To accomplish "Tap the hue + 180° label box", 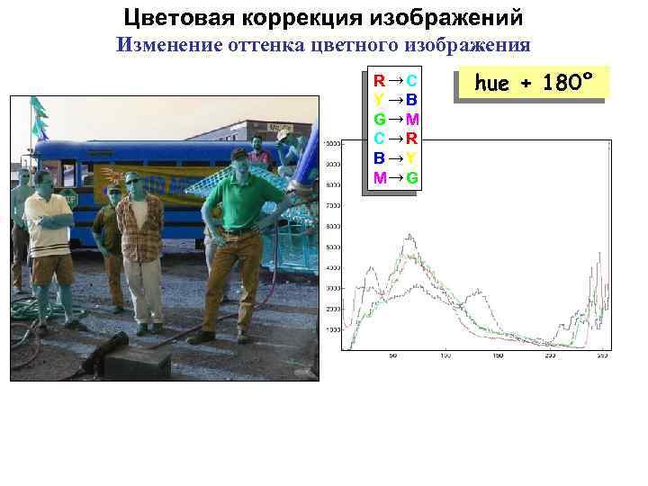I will pyautogui.click(x=534, y=84).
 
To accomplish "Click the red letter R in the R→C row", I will pyautogui.click(x=380, y=80).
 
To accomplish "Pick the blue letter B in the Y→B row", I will pyautogui.click(x=410, y=99).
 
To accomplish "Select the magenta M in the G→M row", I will pyautogui.click(x=411, y=119).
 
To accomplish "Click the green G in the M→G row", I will pyautogui.click(x=411, y=177).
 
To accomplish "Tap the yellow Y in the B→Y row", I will pyautogui.click(x=410, y=157).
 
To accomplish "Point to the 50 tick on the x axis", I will pyautogui.click(x=392, y=356).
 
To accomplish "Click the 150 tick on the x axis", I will pyautogui.click(x=498, y=356).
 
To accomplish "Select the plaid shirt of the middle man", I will pyautogui.click(x=141, y=225).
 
